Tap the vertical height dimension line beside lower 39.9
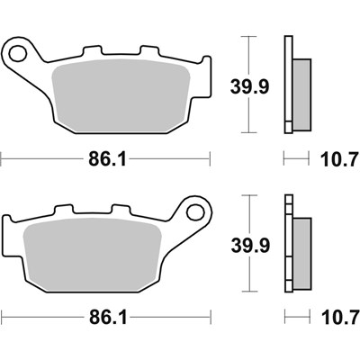(x=251, y=216)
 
